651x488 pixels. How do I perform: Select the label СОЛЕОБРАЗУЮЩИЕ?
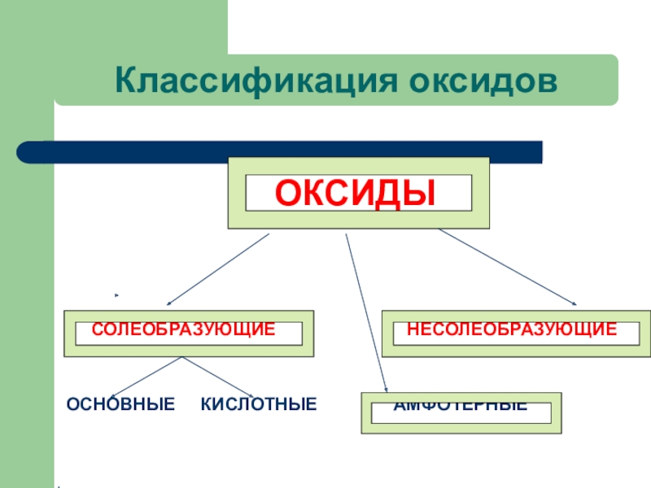pos(183,329)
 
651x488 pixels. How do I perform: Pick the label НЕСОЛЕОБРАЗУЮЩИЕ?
pos(512,329)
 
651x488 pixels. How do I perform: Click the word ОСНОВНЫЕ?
pos(120,403)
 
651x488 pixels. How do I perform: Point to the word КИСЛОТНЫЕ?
pos(259,403)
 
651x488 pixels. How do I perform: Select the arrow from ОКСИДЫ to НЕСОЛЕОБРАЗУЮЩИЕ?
pos(509,268)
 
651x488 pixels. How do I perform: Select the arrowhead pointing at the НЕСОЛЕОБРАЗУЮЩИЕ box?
pos(574,303)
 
